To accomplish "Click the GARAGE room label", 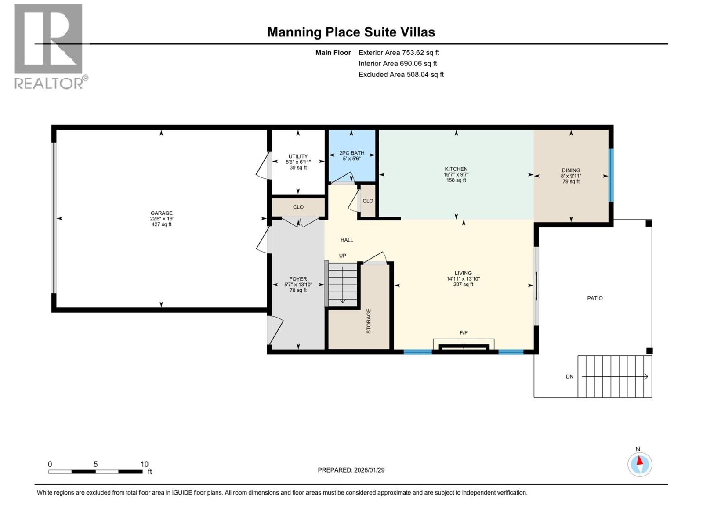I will point(161,213).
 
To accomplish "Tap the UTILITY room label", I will point(298,156).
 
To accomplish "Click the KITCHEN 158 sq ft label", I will point(456,180).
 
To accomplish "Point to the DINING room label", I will point(571,170).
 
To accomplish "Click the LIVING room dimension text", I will point(463,279).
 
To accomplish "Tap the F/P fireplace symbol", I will point(464,346).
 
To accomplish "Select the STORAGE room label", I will point(369,321).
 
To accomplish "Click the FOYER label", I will point(298,279).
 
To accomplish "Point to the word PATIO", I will point(595,298).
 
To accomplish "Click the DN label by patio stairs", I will point(569,377).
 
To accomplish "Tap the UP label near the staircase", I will point(342,256).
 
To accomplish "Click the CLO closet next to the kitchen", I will point(368,201).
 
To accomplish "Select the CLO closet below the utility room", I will point(298,207).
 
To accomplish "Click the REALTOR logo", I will point(49,46).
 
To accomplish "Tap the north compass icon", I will point(640,464).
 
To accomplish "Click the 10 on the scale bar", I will point(144,464).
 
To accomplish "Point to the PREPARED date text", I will point(351,470).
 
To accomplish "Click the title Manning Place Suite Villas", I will point(351,32).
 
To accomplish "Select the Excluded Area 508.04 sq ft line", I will point(401,75).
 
